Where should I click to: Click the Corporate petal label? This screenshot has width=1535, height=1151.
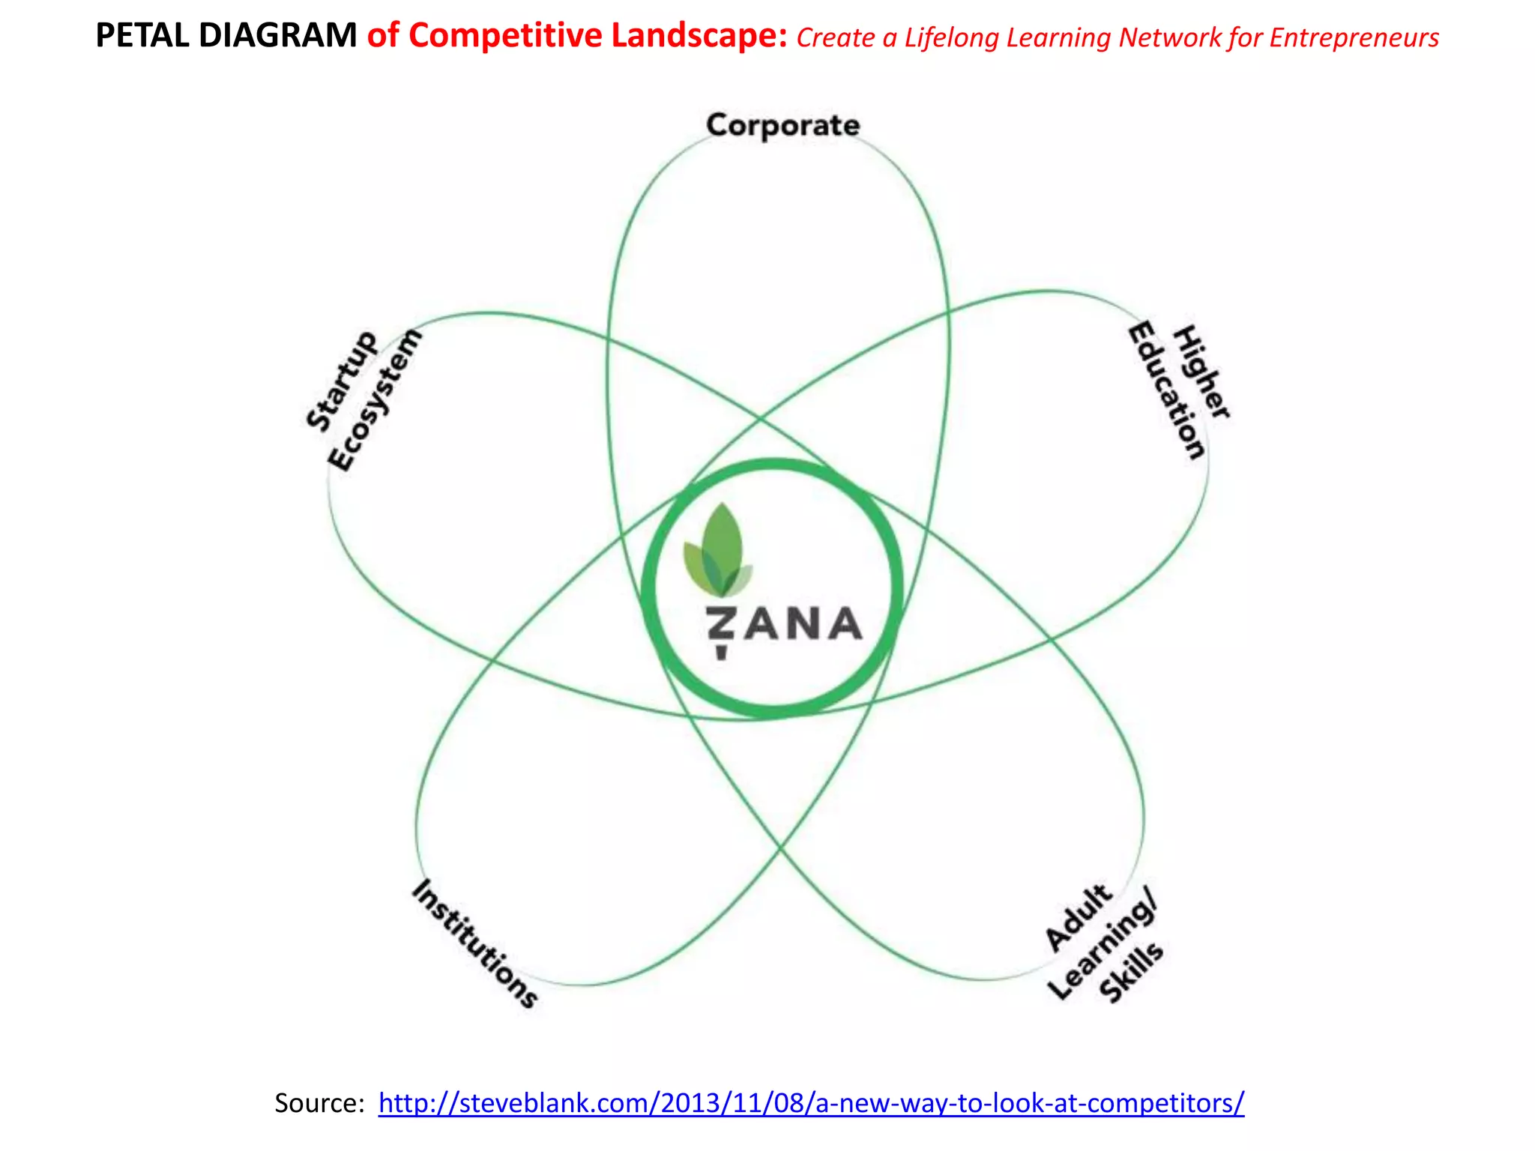tap(782, 125)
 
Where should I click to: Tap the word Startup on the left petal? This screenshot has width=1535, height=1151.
tap(342, 381)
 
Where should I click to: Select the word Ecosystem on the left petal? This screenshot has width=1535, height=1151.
tap(375, 400)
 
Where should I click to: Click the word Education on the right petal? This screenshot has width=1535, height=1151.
tap(1167, 390)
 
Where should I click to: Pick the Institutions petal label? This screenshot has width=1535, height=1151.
tap(475, 943)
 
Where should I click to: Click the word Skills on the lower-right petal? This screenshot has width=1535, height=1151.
tap(1131, 973)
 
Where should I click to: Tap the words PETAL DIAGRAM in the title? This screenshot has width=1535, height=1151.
tap(226, 36)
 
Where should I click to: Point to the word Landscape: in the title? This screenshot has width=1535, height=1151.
tap(699, 36)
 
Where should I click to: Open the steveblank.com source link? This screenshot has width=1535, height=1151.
tap(811, 1102)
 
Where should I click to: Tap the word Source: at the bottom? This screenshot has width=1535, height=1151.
tap(319, 1102)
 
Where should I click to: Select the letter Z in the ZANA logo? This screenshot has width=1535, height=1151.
tap(721, 626)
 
